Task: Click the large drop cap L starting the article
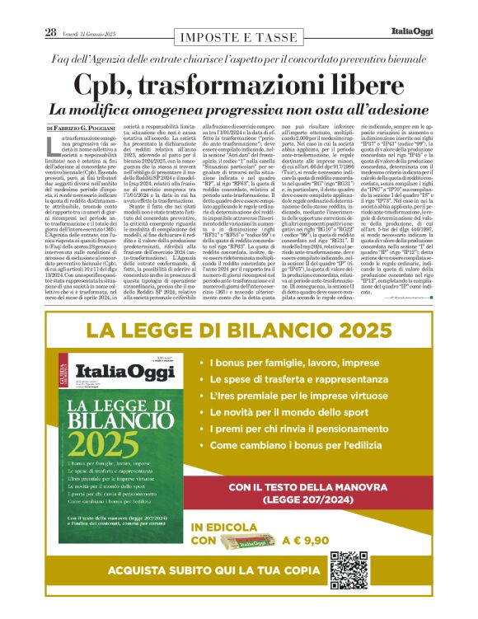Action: click(54, 148)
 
